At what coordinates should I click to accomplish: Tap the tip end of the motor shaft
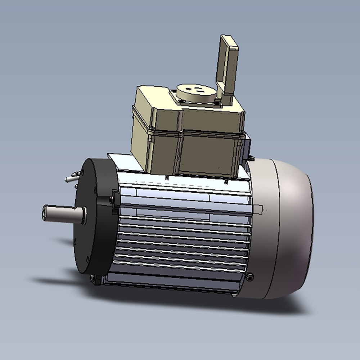click(x=45, y=213)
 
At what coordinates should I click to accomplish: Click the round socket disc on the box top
click(x=196, y=93)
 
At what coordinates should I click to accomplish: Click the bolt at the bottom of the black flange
click(x=95, y=279)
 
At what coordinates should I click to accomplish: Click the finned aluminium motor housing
click(x=180, y=234)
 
